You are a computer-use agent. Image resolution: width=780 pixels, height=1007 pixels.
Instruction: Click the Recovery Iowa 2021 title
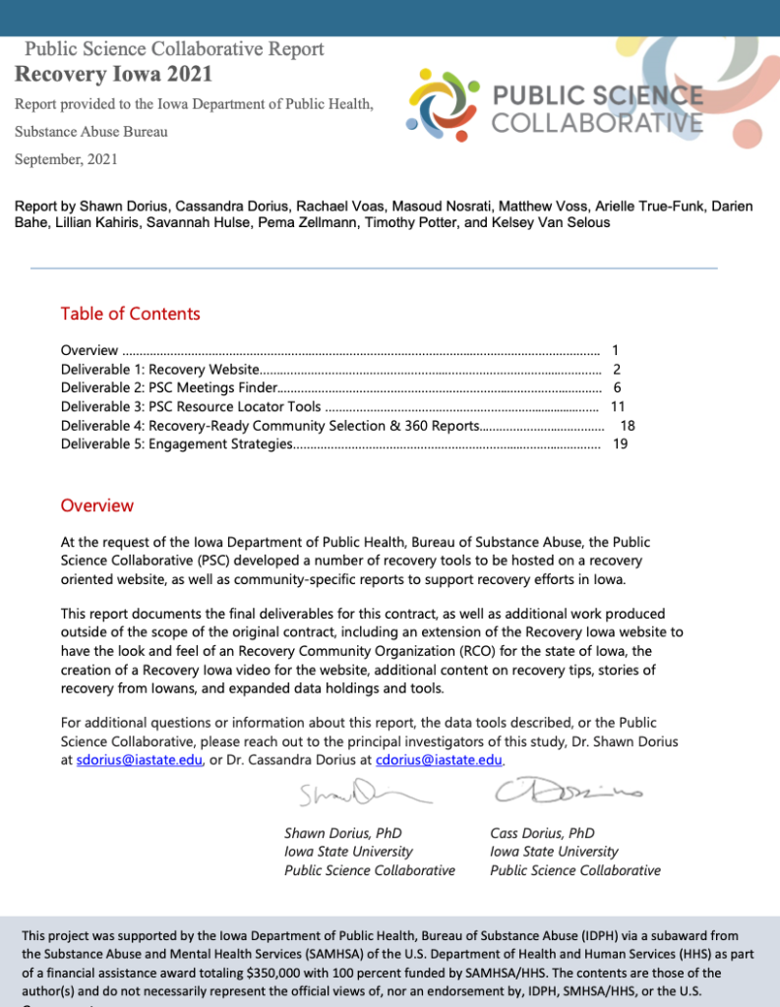tap(113, 74)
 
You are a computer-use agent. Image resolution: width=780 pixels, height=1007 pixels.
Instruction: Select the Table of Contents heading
tap(130, 314)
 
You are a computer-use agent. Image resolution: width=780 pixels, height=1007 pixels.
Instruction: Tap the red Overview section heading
tap(96, 505)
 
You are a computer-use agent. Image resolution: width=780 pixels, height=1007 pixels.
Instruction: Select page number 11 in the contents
tap(619, 406)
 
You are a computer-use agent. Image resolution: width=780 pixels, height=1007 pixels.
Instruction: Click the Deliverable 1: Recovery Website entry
tap(159, 369)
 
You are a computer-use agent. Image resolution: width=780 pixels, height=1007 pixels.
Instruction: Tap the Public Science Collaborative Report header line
tap(174, 48)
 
